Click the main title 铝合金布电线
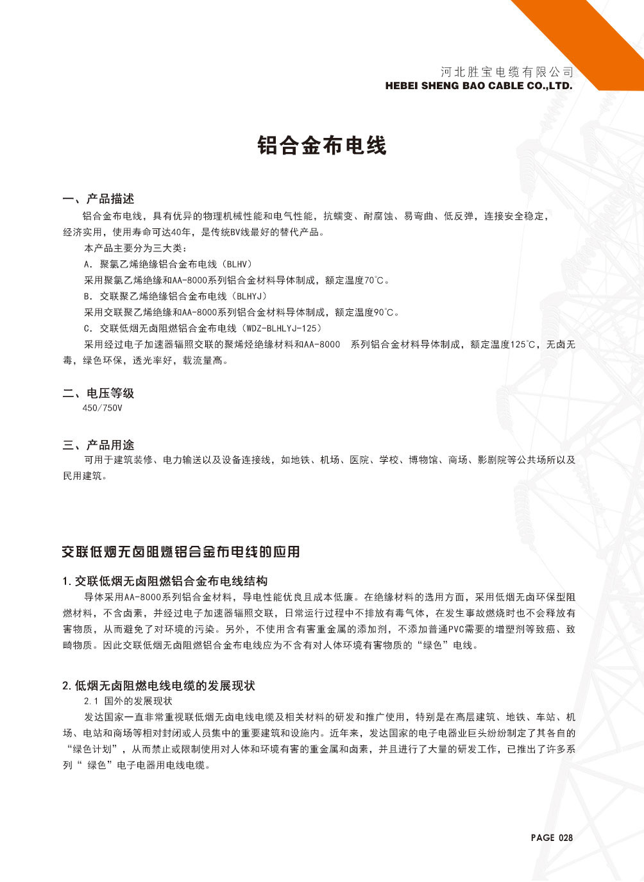coord(321,146)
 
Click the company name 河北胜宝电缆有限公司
coord(507,72)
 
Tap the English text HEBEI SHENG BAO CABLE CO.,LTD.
coord(478,85)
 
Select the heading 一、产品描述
coord(98,199)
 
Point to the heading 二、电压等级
coord(98,393)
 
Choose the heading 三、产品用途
coord(98,445)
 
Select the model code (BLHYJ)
coord(249,296)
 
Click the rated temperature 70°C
coord(377,280)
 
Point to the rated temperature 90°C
coord(386,312)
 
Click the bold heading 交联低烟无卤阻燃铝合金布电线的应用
coord(180,552)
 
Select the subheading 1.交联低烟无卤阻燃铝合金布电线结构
coord(165,582)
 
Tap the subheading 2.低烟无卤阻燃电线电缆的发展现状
coord(158,686)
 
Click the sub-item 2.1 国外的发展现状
coord(128,701)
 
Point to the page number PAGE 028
coord(551,837)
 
